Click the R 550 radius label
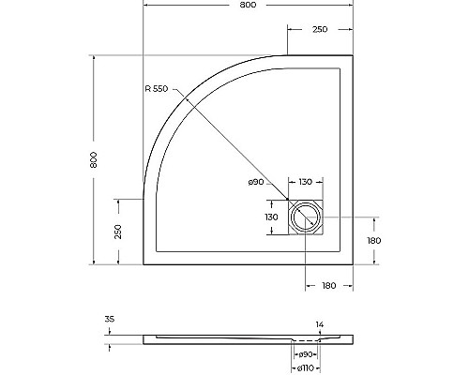tap(157, 90)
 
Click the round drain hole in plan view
tap(305, 219)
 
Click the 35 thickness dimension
tap(110, 321)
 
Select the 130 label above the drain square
tap(306, 183)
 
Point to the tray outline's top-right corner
tap(352, 55)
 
